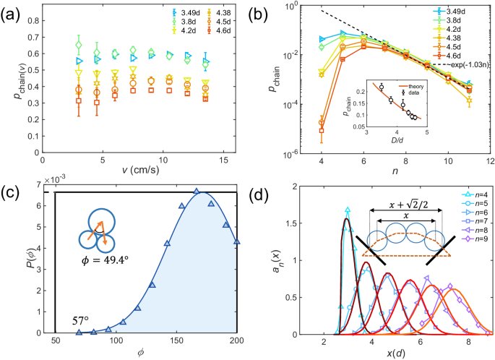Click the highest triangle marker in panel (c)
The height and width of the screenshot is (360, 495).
point(196,192)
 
